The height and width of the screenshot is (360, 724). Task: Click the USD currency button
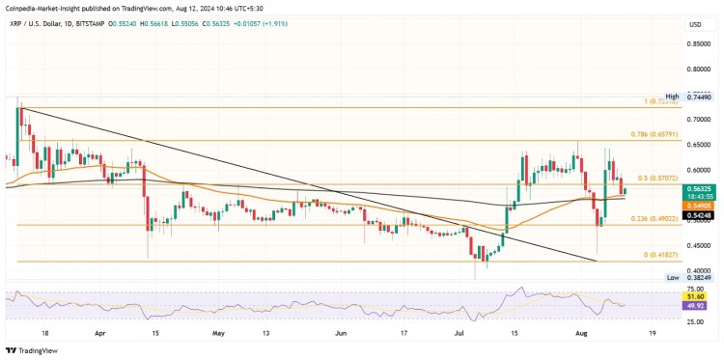(693, 24)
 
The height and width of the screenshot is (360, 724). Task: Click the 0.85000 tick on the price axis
(698, 43)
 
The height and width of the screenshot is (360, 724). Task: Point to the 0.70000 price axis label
(698, 120)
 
